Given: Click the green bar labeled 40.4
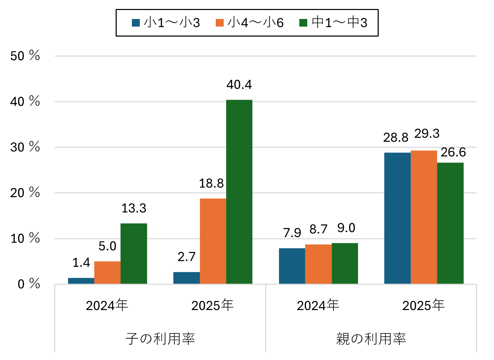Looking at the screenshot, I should (x=239, y=192).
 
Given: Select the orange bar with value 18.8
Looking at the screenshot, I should (x=213, y=241).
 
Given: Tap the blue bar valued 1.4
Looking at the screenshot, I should (x=81, y=281).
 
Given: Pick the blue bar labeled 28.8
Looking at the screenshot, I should (x=397, y=218).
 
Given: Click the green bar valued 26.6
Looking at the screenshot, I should (x=450, y=223).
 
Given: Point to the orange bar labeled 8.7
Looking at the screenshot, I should (x=318, y=264).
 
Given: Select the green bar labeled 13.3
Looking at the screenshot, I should (x=134, y=253).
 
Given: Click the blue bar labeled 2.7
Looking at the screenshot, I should (x=186, y=278).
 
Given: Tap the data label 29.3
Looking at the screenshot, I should (x=427, y=134).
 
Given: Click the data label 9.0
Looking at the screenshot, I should (x=346, y=228).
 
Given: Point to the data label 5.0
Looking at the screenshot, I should (x=107, y=246).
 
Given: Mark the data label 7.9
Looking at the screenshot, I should (x=292, y=233).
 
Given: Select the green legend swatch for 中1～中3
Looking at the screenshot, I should (x=303, y=23).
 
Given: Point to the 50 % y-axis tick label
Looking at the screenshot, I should (x=25, y=56).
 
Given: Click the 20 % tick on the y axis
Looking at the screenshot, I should (x=25, y=193).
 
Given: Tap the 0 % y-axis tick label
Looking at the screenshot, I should (x=28, y=284).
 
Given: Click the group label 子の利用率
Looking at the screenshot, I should (x=160, y=339).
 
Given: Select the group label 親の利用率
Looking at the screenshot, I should (x=371, y=339).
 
